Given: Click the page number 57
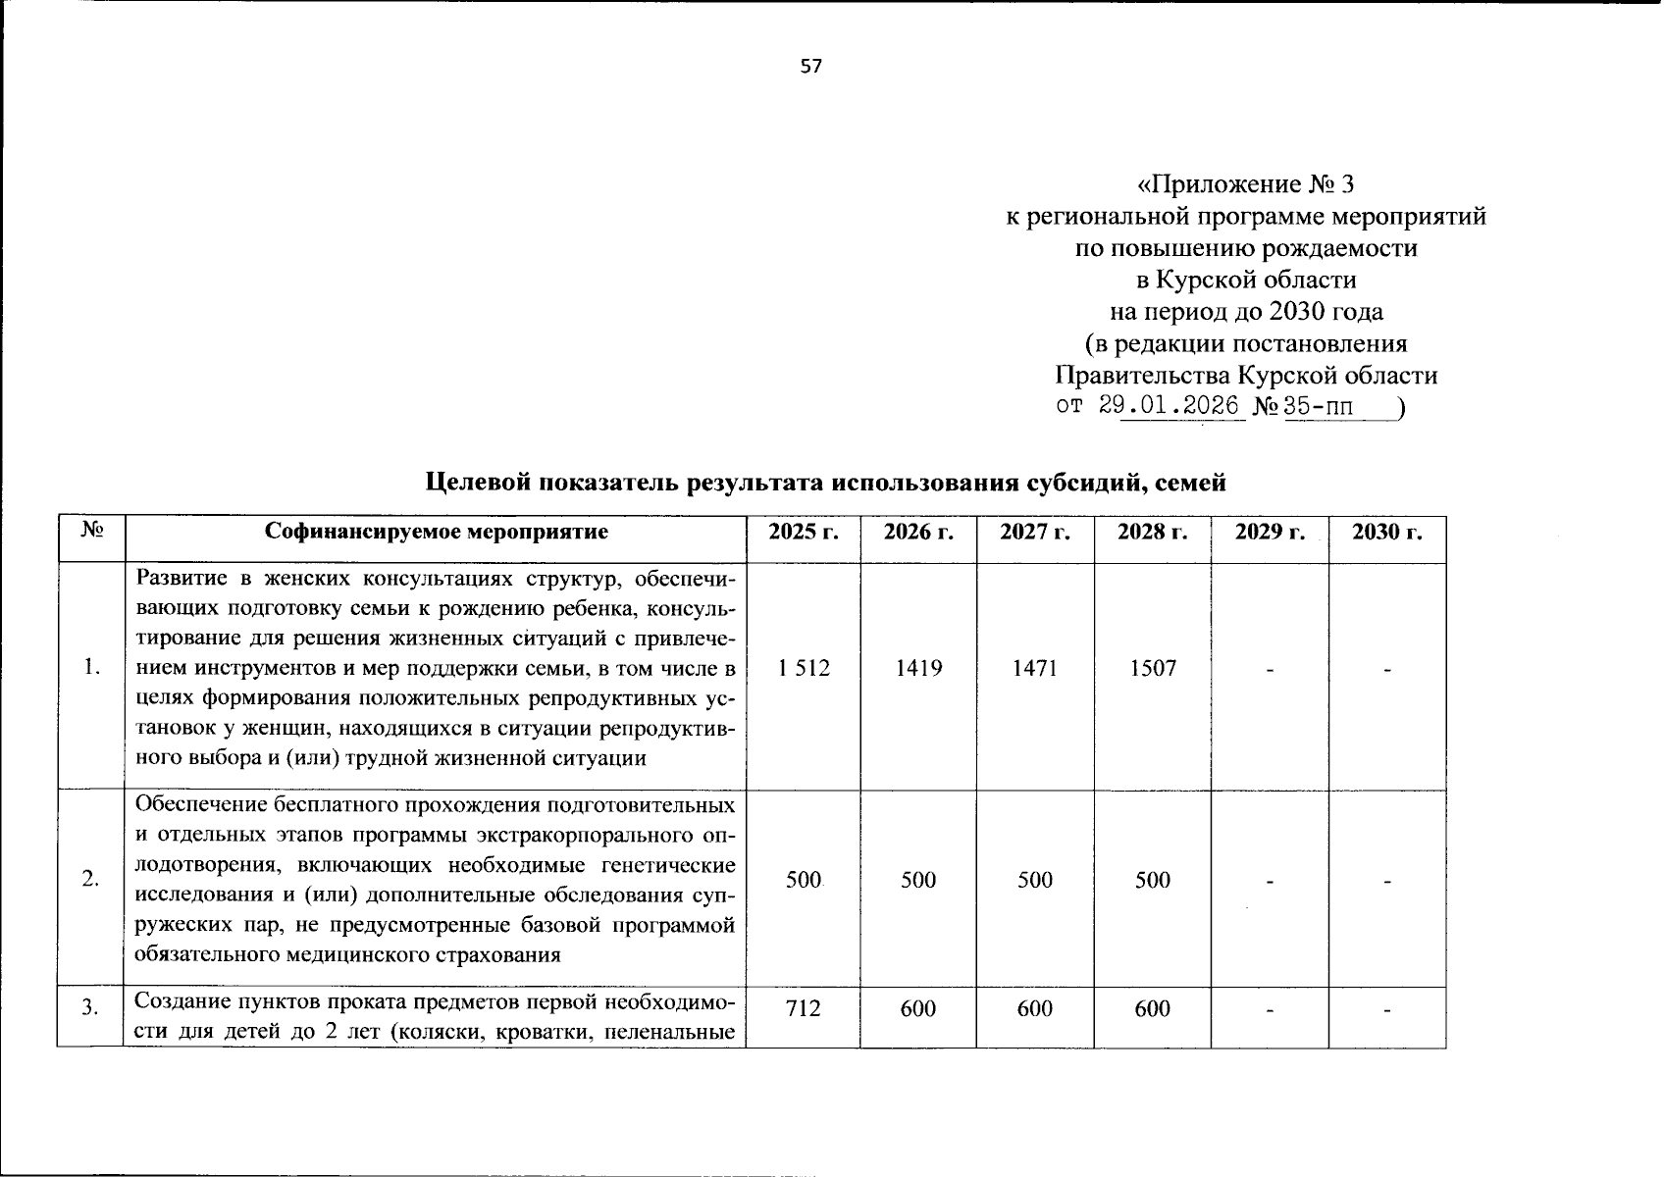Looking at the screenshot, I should pyautogui.click(x=810, y=67).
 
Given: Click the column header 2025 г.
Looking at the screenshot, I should pyautogui.click(x=803, y=532).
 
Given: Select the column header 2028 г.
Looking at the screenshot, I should pyautogui.click(x=1152, y=532).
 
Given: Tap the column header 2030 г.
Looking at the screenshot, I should pyautogui.click(x=1386, y=532).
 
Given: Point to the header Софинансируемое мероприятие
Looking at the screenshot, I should pyautogui.click(x=437, y=532).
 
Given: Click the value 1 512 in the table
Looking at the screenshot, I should pyautogui.click(x=803, y=669).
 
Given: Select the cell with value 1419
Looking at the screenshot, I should pyautogui.click(x=918, y=669).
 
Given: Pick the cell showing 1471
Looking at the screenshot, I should pyautogui.click(x=1035, y=669).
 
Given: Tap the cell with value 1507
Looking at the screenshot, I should pyautogui.click(x=1152, y=669).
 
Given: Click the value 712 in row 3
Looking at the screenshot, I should pyautogui.click(x=803, y=1008).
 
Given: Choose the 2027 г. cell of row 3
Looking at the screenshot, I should pyautogui.click(x=1035, y=1008).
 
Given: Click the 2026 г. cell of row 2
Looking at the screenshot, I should pyautogui.click(x=918, y=880).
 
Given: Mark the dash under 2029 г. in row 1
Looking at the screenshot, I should pyautogui.click(x=1270, y=671).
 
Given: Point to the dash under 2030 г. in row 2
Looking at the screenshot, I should pyautogui.click(x=1386, y=883).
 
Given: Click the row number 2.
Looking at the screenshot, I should pyautogui.click(x=90, y=880).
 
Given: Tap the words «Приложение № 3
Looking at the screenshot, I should pyautogui.click(x=1245, y=184).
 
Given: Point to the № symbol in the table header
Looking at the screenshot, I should pyautogui.click(x=91, y=531).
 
